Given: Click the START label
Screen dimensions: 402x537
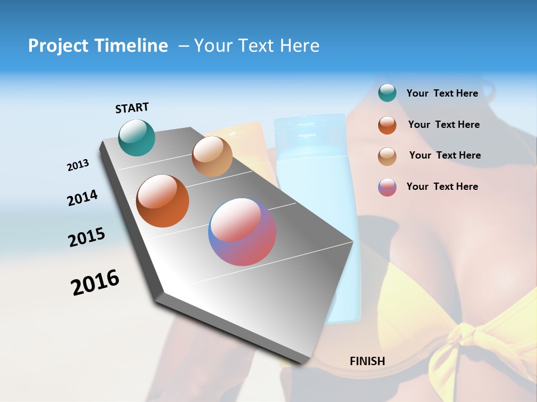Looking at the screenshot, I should (x=132, y=108).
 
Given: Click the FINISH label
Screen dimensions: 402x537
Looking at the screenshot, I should (x=367, y=361).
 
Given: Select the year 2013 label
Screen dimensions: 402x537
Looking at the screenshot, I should (x=78, y=165).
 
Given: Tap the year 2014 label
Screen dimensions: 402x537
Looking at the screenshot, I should (x=82, y=198).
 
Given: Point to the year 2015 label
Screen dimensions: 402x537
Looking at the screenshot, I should (x=86, y=237).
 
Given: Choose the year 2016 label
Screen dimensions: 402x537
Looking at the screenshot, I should (x=95, y=283).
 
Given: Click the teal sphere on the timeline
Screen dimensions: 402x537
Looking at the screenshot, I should (x=136, y=137).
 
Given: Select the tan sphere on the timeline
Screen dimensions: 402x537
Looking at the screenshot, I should (x=212, y=156).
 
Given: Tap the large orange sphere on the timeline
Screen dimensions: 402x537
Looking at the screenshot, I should (x=163, y=201).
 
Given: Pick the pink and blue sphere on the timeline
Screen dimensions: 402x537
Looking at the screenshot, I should (x=242, y=232).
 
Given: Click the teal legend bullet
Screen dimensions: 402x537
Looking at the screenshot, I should (x=387, y=93).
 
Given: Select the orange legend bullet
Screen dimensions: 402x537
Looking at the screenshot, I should (x=387, y=125).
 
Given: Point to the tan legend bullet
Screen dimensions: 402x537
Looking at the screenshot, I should (x=387, y=156).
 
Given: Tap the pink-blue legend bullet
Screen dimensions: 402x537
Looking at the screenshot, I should (x=387, y=187).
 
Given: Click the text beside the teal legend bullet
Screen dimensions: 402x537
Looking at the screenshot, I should (x=442, y=93).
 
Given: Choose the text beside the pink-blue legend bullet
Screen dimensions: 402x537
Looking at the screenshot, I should (x=442, y=186).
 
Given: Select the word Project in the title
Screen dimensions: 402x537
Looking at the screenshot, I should (x=58, y=46).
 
